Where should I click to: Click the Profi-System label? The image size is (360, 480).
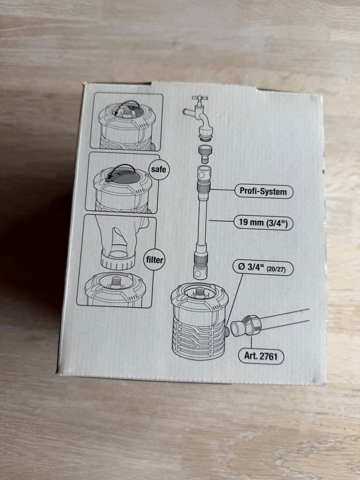[263, 191]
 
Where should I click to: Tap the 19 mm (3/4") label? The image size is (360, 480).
[263, 222]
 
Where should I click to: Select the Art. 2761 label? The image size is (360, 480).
[261, 356]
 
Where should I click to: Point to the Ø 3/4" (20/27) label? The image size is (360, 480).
[263, 268]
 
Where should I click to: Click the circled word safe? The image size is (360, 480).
[159, 169]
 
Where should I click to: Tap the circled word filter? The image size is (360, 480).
[155, 260]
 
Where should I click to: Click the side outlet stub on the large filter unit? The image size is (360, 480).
[227, 331]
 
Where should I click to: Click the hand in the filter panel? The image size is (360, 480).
[120, 236]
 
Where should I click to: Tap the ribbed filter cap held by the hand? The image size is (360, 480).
[118, 260]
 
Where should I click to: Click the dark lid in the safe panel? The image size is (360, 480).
[123, 175]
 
